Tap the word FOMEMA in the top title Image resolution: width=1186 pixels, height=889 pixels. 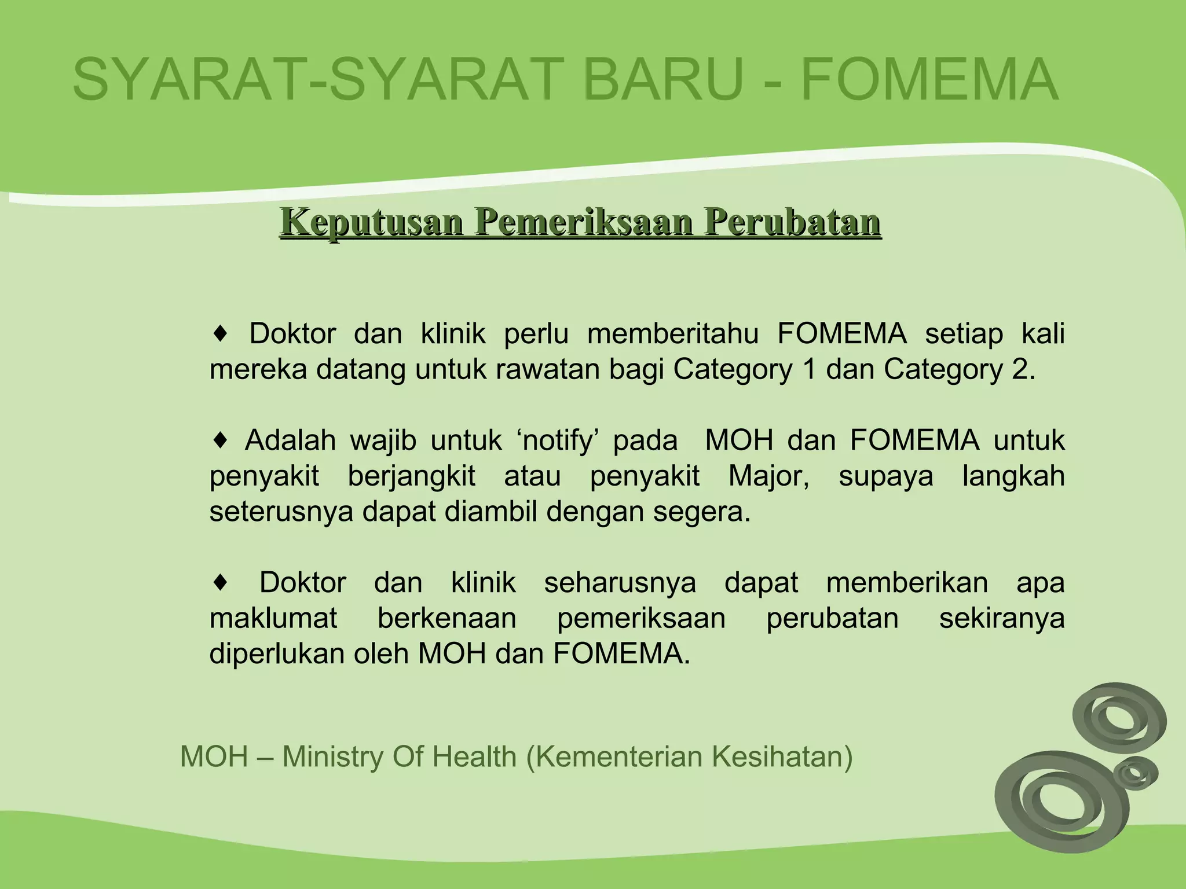pyautogui.click(x=929, y=79)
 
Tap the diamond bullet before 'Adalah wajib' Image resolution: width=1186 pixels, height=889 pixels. pyautogui.click(x=220, y=440)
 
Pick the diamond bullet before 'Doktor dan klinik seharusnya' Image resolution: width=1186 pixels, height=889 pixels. pyautogui.click(x=220, y=582)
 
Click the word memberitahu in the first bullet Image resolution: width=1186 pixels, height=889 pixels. pyautogui.click(x=673, y=334)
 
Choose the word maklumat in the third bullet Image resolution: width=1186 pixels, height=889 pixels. pyautogui.click(x=273, y=618)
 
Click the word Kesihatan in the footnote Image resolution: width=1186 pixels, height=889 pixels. pyautogui.click(x=782, y=756)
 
